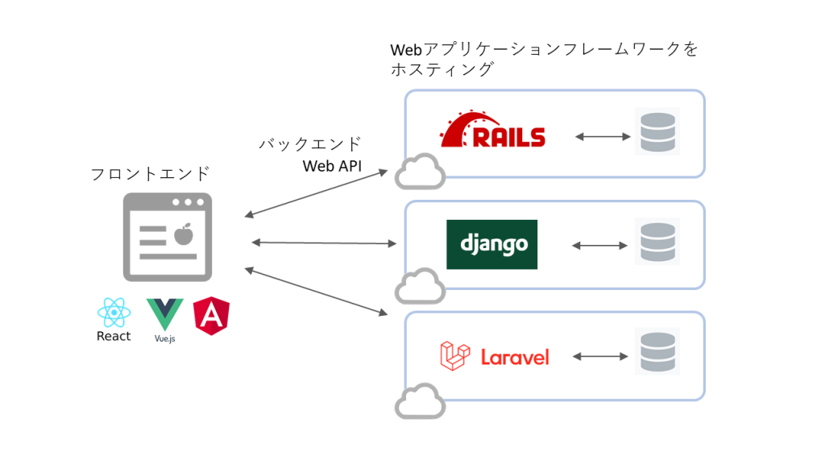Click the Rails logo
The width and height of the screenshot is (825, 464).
coord(492,131)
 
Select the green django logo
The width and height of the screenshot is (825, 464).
coord(491,243)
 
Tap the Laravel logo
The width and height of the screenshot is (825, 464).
coord(495,356)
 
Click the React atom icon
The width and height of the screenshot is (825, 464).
coord(113,313)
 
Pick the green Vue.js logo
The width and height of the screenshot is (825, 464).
coord(164,314)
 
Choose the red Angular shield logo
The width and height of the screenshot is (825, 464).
coord(211,316)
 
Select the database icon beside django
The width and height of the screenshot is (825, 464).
coord(657,242)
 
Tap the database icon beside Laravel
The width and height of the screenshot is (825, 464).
coord(657,351)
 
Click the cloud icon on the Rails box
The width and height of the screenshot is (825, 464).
coord(420,172)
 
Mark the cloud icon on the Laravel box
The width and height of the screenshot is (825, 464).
coord(420,402)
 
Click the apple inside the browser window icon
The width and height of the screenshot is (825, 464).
coord(184,234)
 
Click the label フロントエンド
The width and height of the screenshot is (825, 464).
coord(150,173)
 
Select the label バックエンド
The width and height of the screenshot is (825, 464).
coord(310,144)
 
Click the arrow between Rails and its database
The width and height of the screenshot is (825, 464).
coord(603,137)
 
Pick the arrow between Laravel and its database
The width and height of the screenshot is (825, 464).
coord(600,356)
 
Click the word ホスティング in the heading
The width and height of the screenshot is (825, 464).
coord(442,70)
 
